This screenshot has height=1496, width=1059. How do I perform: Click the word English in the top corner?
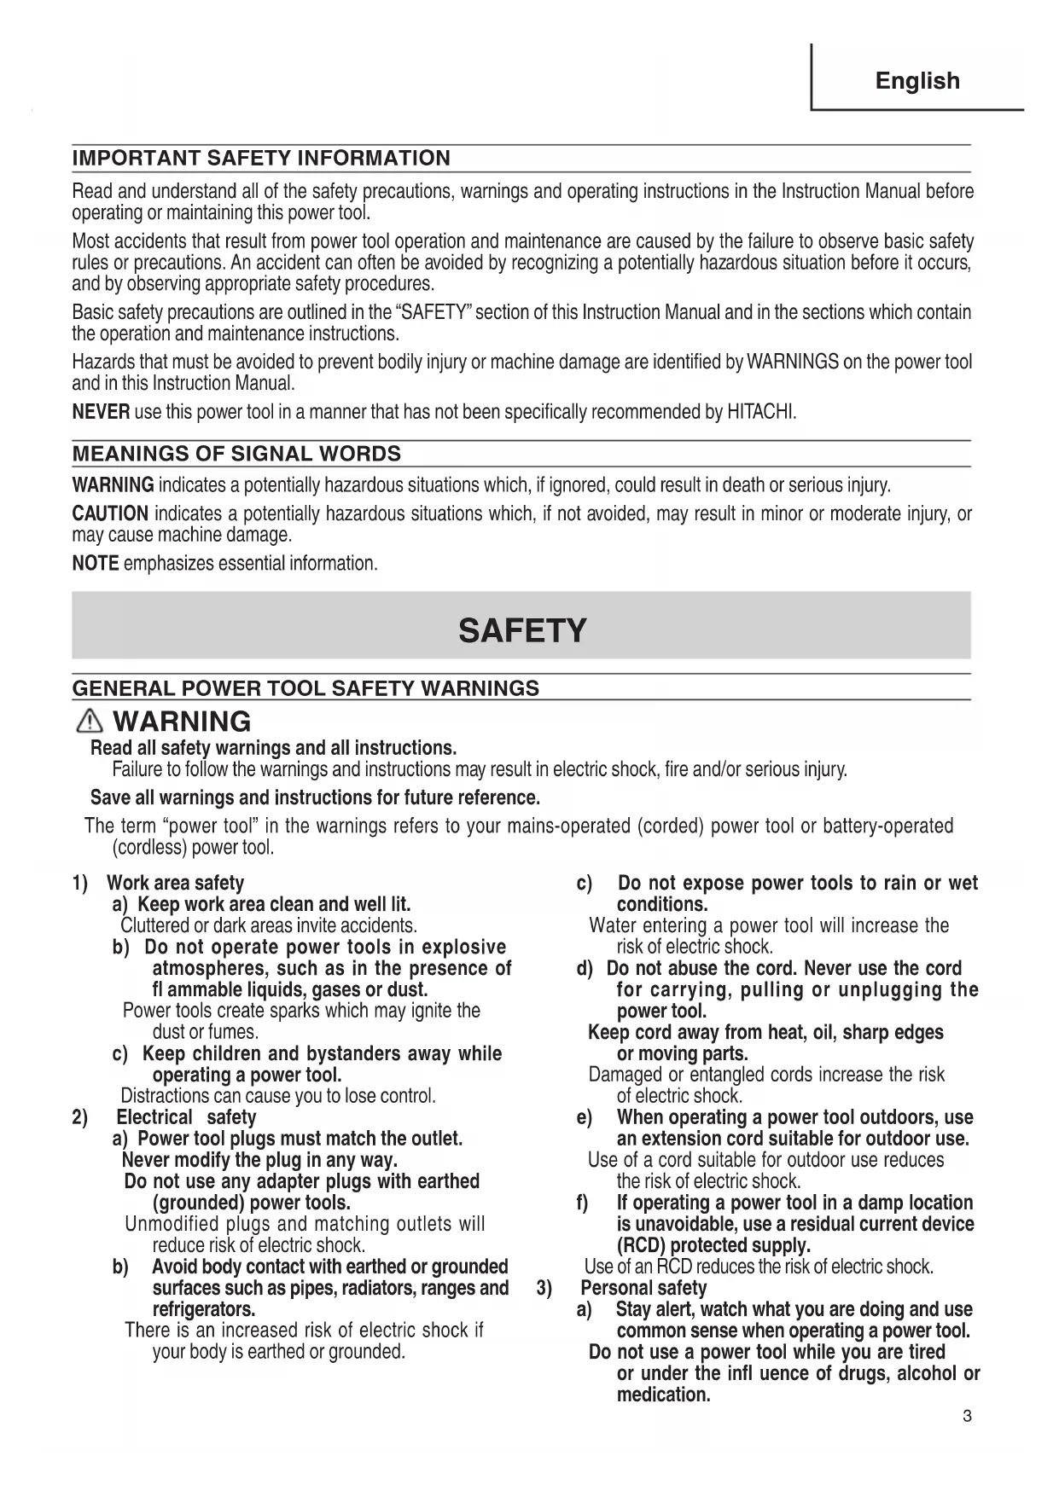point(917,81)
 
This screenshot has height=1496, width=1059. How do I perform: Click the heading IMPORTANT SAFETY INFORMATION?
point(261,159)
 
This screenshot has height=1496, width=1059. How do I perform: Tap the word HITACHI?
point(760,413)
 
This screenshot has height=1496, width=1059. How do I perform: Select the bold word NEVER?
point(101,413)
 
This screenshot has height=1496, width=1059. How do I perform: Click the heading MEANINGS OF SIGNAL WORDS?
point(236,454)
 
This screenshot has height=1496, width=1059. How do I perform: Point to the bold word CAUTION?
point(110,514)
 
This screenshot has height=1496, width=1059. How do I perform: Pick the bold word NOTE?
point(95,564)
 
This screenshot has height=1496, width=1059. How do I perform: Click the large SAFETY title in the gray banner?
point(522,631)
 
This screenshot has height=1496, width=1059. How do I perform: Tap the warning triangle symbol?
point(89,722)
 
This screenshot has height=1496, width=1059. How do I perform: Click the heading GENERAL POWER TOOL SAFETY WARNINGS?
point(305,688)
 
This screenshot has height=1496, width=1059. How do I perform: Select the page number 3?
point(967,1417)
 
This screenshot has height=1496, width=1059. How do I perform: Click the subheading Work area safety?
point(175,883)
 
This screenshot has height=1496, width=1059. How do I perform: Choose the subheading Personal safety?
point(643,1288)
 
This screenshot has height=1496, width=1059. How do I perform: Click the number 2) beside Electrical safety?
point(80,1117)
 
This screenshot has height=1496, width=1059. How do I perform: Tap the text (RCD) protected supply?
point(713,1245)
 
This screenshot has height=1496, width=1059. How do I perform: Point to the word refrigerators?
point(204,1309)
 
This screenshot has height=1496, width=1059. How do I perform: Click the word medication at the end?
point(663,1395)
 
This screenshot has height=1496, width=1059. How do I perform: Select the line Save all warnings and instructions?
point(315,797)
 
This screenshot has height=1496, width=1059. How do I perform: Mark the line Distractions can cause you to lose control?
point(278,1096)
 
